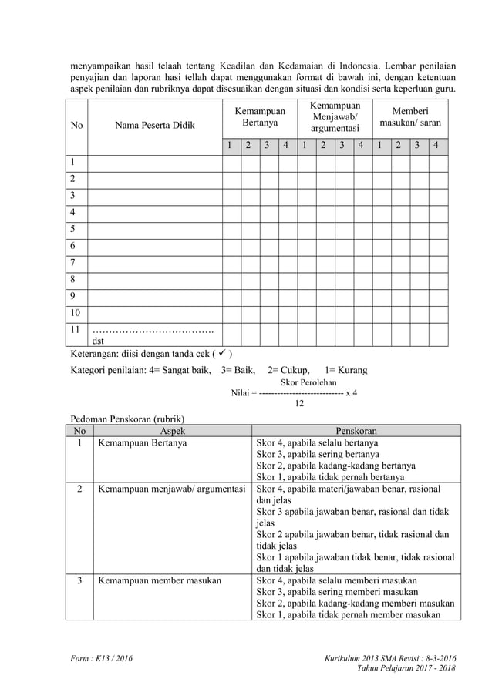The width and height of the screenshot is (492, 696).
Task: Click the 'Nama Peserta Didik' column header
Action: pos(155,125)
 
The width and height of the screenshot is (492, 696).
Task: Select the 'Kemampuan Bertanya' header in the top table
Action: pos(259,117)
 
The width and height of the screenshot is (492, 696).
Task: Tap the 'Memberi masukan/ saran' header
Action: pos(410,117)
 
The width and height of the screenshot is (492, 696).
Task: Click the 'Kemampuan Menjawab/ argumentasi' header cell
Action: pos(335,117)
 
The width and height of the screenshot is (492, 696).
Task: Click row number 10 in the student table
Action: pos(76,313)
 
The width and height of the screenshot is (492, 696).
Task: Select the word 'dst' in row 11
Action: pos(99,340)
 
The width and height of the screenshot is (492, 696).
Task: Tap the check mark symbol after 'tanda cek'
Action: pos(223,354)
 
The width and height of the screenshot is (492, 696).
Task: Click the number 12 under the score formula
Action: pos(302,403)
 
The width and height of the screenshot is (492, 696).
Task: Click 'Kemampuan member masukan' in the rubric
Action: pos(159,580)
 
